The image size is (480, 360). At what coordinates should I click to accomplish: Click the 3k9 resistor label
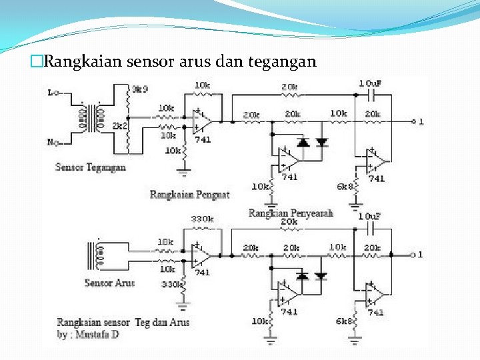click(x=141, y=89)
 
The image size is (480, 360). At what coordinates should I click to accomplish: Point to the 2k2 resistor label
click(x=121, y=125)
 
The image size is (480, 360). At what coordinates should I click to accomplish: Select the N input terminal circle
click(x=57, y=143)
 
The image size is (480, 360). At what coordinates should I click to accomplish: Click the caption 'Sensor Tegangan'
click(x=90, y=167)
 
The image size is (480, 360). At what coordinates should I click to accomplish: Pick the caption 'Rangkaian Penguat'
click(x=189, y=195)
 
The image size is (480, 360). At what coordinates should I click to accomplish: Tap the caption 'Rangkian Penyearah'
click(x=291, y=213)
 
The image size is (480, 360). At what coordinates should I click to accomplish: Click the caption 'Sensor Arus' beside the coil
click(x=109, y=283)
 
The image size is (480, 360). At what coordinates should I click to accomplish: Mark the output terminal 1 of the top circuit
click(x=413, y=121)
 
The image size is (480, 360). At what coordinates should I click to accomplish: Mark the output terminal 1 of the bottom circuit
click(x=412, y=254)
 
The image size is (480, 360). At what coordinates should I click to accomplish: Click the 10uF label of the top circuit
click(x=371, y=83)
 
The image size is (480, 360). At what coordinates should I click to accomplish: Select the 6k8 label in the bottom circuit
click(x=344, y=321)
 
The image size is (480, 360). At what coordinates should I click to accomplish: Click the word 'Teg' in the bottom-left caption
click(x=142, y=322)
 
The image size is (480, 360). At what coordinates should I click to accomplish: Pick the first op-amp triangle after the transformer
click(x=201, y=121)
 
